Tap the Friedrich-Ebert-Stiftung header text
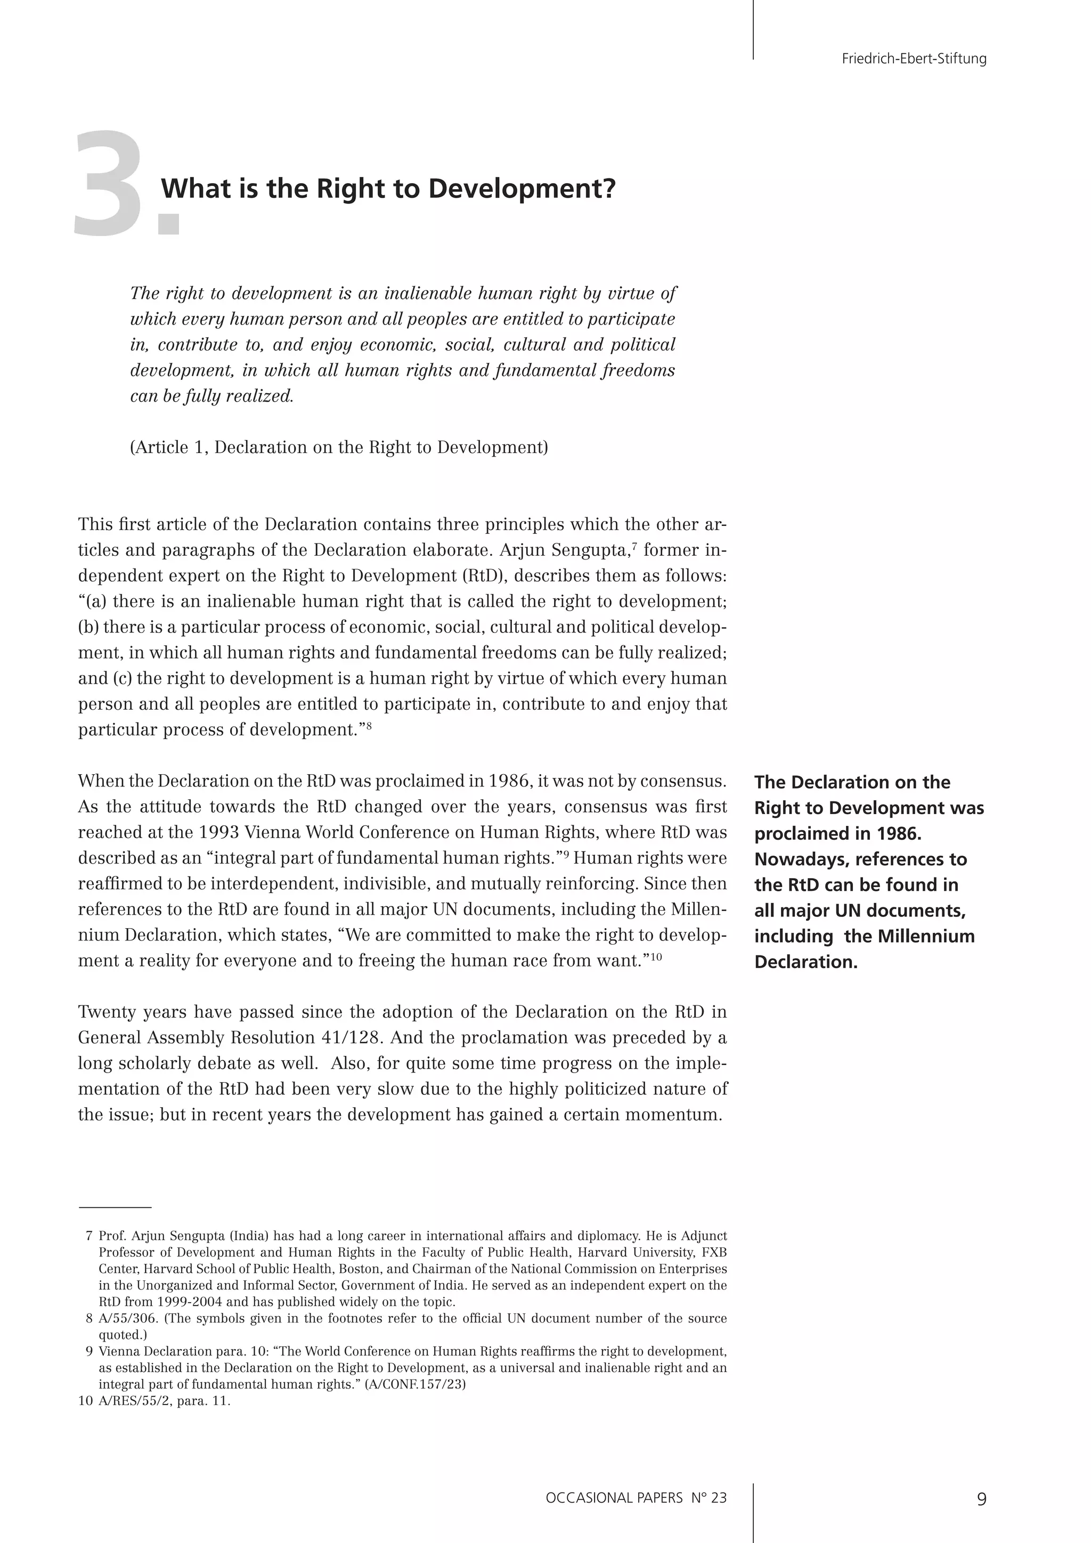(914, 59)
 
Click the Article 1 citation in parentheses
(339, 448)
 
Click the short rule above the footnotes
(115, 1208)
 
